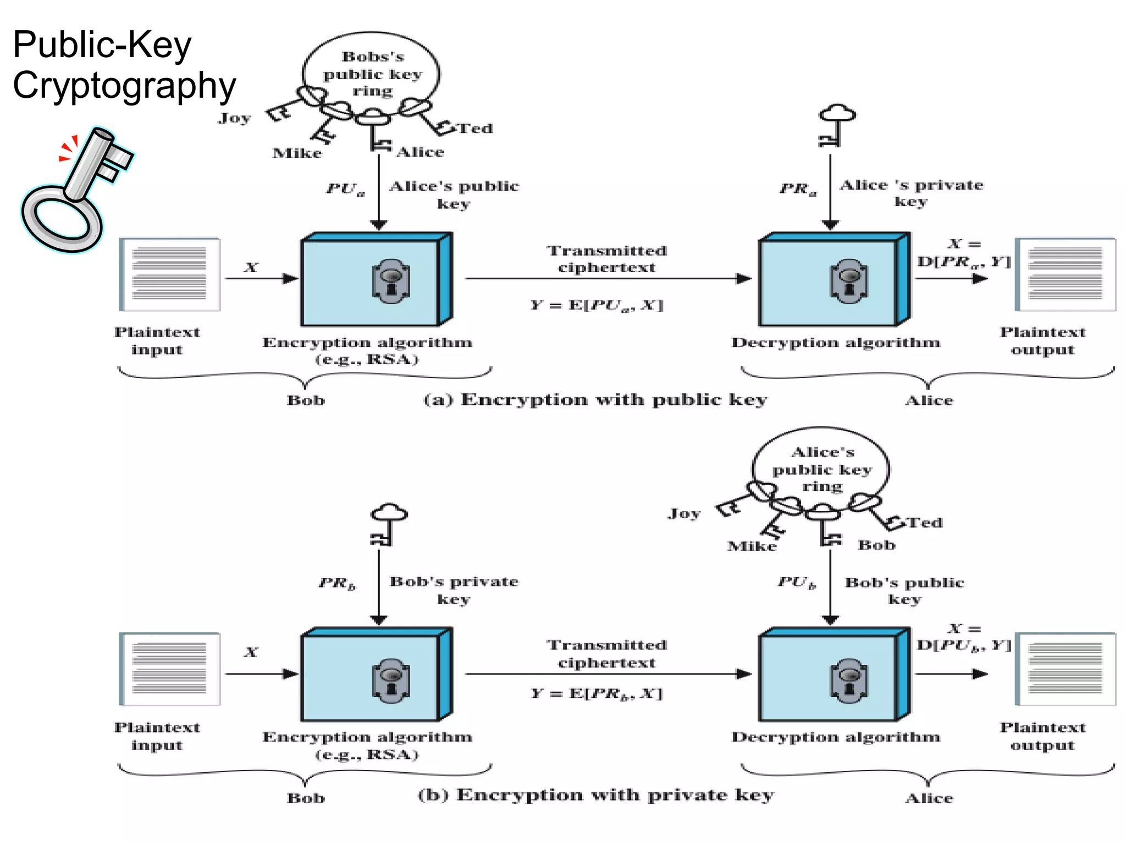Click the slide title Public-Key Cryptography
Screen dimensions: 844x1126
[x=124, y=65]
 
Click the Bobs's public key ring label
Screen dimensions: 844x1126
[x=372, y=74]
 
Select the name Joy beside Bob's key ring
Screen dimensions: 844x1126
[x=234, y=118]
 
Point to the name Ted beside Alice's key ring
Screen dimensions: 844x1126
[x=924, y=523]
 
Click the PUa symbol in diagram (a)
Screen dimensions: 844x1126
[x=345, y=189]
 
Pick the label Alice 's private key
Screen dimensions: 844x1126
[x=911, y=193]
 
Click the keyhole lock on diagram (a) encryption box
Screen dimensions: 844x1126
[x=390, y=281]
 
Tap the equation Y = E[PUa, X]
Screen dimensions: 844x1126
[x=597, y=305]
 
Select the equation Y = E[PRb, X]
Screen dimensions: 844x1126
[x=597, y=693]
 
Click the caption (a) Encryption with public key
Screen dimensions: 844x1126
[x=595, y=399]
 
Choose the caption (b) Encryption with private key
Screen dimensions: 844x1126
[x=595, y=795]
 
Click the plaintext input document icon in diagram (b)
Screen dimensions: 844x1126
[x=169, y=669]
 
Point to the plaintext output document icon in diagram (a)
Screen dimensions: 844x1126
[x=1065, y=274]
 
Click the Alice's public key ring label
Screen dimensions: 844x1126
[x=822, y=469]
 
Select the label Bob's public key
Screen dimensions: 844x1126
[x=904, y=590]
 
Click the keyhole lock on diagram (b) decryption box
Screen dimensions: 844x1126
[x=849, y=681]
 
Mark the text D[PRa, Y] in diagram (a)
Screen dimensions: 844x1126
[x=964, y=261]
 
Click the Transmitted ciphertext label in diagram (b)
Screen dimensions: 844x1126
[x=606, y=654]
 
